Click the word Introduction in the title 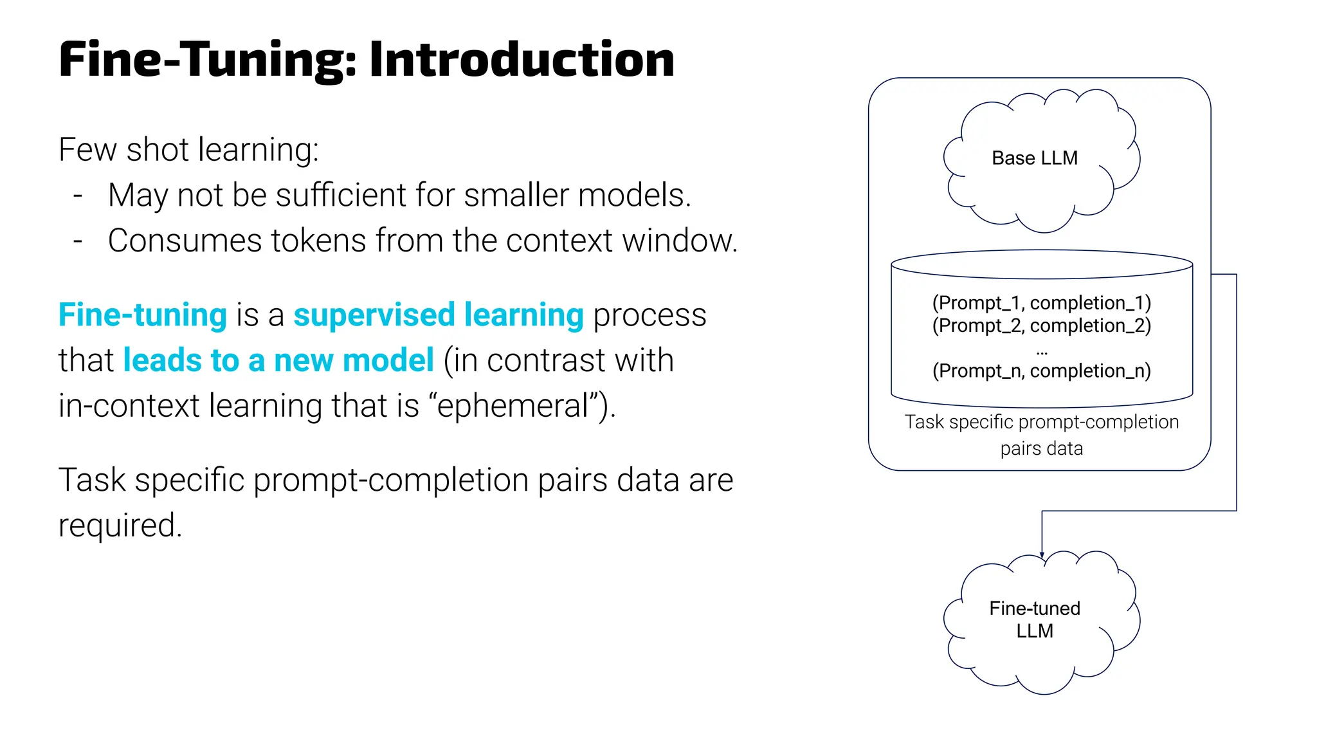(x=522, y=59)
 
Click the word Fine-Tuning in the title (x=207, y=59)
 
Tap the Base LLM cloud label (x=1034, y=158)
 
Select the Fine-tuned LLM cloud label (x=1034, y=619)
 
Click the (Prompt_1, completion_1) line (x=1041, y=303)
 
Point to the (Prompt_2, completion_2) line (x=1041, y=325)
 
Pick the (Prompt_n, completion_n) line (x=1041, y=371)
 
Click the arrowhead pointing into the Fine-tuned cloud (x=1042, y=554)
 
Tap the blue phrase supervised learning (x=438, y=315)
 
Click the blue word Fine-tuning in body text (x=142, y=315)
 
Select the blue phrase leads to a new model (x=278, y=360)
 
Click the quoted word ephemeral (x=513, y=406)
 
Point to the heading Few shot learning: (x=188, y=150)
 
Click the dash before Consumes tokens (x=78, y=241)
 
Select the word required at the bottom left (x=120, y=526)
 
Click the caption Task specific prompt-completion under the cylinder (x=1041, y=422)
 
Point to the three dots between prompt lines (x=1042, y=352)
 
